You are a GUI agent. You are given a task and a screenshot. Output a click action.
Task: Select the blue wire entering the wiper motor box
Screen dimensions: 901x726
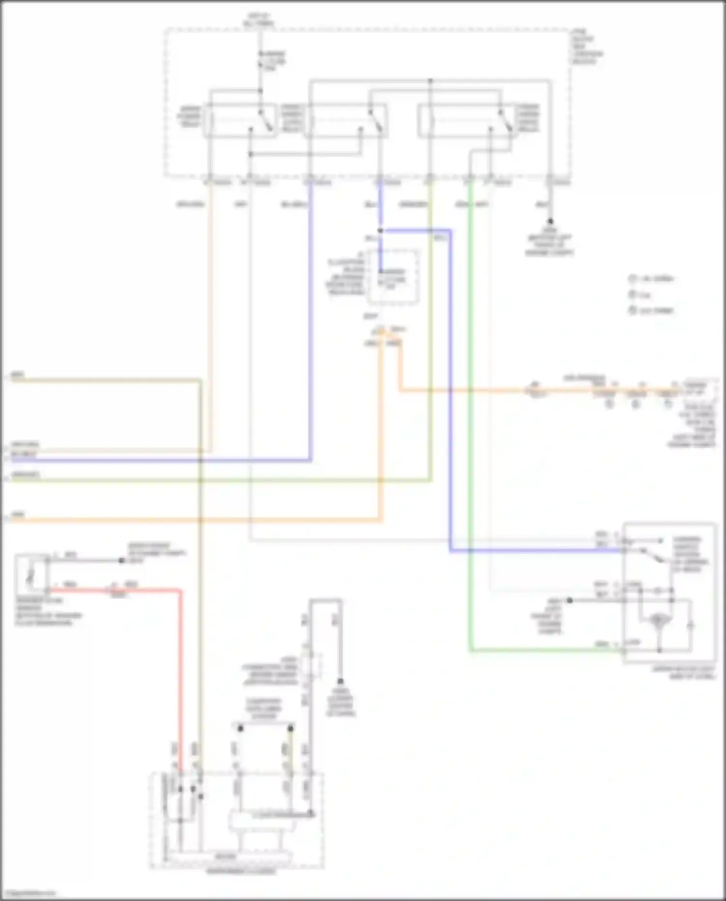tap(532, 551)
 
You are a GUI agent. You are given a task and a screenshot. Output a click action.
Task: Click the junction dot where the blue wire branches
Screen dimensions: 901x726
tap(380, 231)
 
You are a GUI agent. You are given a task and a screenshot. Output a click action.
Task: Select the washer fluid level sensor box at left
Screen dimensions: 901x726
tap(31, 575)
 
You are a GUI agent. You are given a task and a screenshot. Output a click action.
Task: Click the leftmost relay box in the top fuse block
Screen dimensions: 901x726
tap(241, 120)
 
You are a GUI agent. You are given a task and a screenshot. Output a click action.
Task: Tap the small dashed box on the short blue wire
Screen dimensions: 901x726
tap(393, 277)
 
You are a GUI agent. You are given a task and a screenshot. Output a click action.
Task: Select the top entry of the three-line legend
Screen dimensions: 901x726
tap(651, 279)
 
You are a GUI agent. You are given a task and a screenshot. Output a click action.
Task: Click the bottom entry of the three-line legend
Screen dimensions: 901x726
tap(651, 310)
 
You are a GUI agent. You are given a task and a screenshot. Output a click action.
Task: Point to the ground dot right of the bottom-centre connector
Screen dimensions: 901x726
tap(340, 681)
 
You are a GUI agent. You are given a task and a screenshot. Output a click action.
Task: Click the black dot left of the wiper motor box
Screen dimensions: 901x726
tap(570, 600)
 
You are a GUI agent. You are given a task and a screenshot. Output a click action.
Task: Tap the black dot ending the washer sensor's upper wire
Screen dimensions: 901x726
tap(121, 561)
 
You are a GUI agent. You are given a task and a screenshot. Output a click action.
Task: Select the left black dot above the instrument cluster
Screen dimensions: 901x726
tap(240, 728)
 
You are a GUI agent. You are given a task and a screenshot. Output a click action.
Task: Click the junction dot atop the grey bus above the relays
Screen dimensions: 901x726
tap(430, 80)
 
